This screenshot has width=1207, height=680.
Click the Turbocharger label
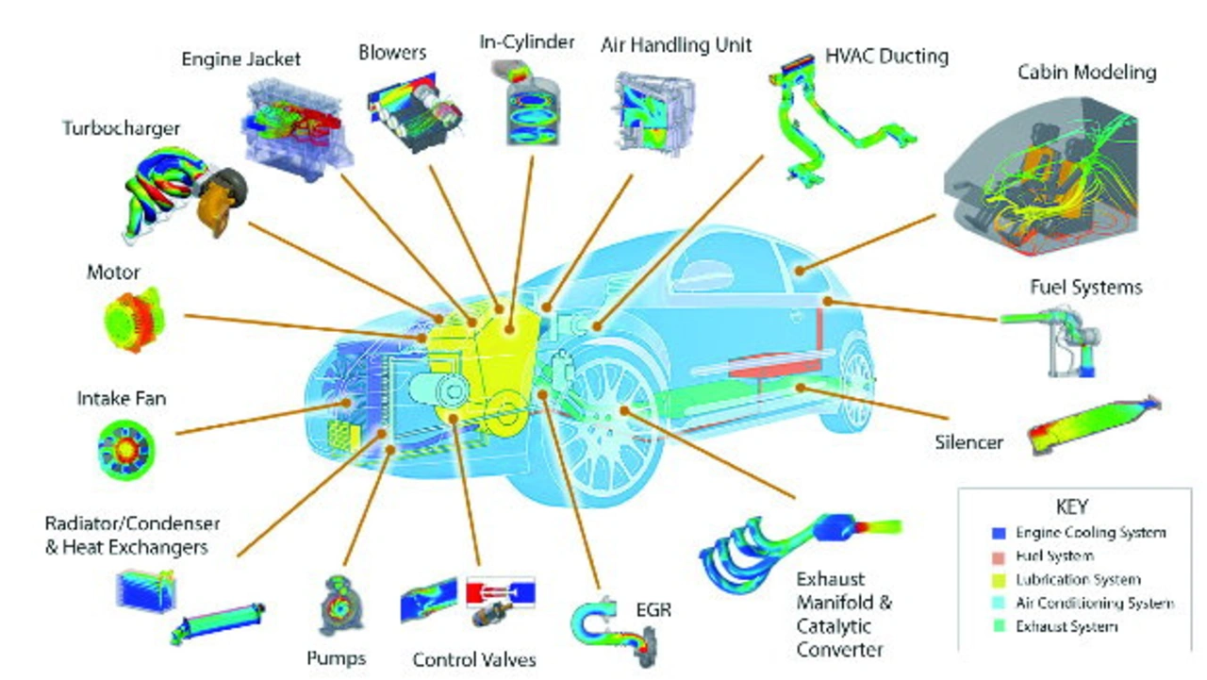coord(121,127)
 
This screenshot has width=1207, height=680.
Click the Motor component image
coord(134,321)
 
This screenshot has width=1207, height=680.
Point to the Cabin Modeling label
coord(1086,73)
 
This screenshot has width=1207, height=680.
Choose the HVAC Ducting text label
coord(886,57)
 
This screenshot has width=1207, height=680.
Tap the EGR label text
coord(653,610)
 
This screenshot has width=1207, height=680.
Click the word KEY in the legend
coord(1074,506)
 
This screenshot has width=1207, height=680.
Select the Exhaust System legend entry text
coord(1066,626)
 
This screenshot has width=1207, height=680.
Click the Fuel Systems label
coord(1086,287)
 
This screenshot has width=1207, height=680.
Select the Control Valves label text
coord(474,659)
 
